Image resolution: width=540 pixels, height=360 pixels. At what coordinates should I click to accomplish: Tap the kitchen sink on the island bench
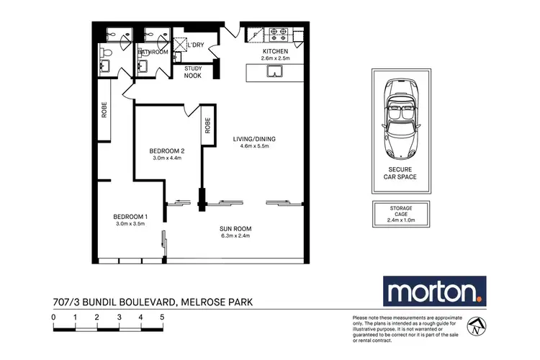click(x=274, y=71)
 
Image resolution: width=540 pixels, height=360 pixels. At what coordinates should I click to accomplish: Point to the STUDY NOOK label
click(x=193, y=71)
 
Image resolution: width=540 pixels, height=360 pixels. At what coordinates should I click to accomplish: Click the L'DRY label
click(x=194, y=46)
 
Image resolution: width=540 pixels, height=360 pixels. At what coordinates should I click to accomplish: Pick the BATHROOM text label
click(x=153, y=53)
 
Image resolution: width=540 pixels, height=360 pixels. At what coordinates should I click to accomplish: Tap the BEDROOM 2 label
click(x=168, y=151)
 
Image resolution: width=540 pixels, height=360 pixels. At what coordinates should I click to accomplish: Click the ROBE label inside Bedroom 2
click(x=207, y=127)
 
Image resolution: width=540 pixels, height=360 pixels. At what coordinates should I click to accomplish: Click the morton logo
click(x=434, y=292)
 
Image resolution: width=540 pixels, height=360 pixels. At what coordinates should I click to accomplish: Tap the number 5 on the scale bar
click(x=163, y=317)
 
